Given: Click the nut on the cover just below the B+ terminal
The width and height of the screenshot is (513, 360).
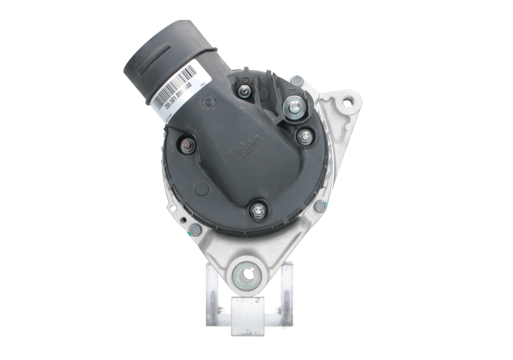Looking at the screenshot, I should click(x=304, y=135).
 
